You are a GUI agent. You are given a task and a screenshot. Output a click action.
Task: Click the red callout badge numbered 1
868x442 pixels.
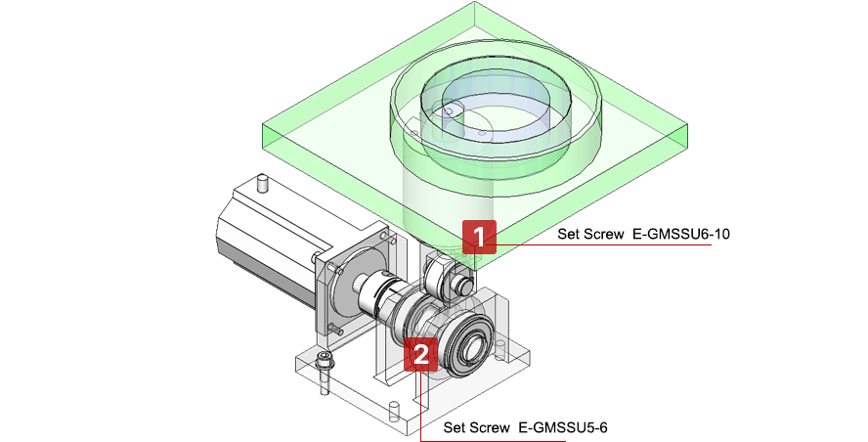click(x=479, y=237)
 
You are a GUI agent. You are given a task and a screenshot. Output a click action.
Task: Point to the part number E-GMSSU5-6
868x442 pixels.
click(x=563, y=427)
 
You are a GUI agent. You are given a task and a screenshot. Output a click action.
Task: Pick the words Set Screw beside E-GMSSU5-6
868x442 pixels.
click(x=476, y=427)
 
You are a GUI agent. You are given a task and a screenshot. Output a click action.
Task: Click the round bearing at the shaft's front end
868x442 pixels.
click(x=476, y=342)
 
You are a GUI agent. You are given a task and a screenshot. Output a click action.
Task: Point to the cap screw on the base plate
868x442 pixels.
click(x=324, y=373)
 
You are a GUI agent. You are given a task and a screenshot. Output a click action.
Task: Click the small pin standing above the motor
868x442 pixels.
click(x=261, y=183)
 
